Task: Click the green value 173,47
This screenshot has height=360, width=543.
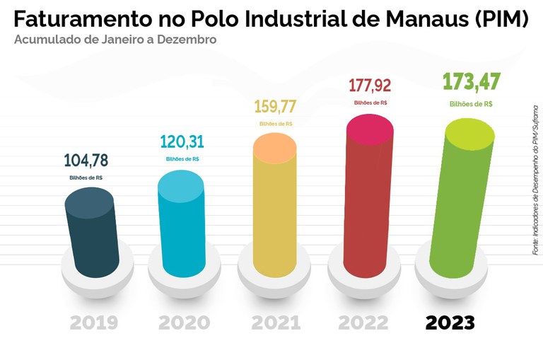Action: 471,82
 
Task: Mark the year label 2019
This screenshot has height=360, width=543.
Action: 94,323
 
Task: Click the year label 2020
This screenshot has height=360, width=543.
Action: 184,323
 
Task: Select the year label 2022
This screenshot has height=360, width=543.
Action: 363,323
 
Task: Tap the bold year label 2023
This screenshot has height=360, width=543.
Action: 450,323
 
